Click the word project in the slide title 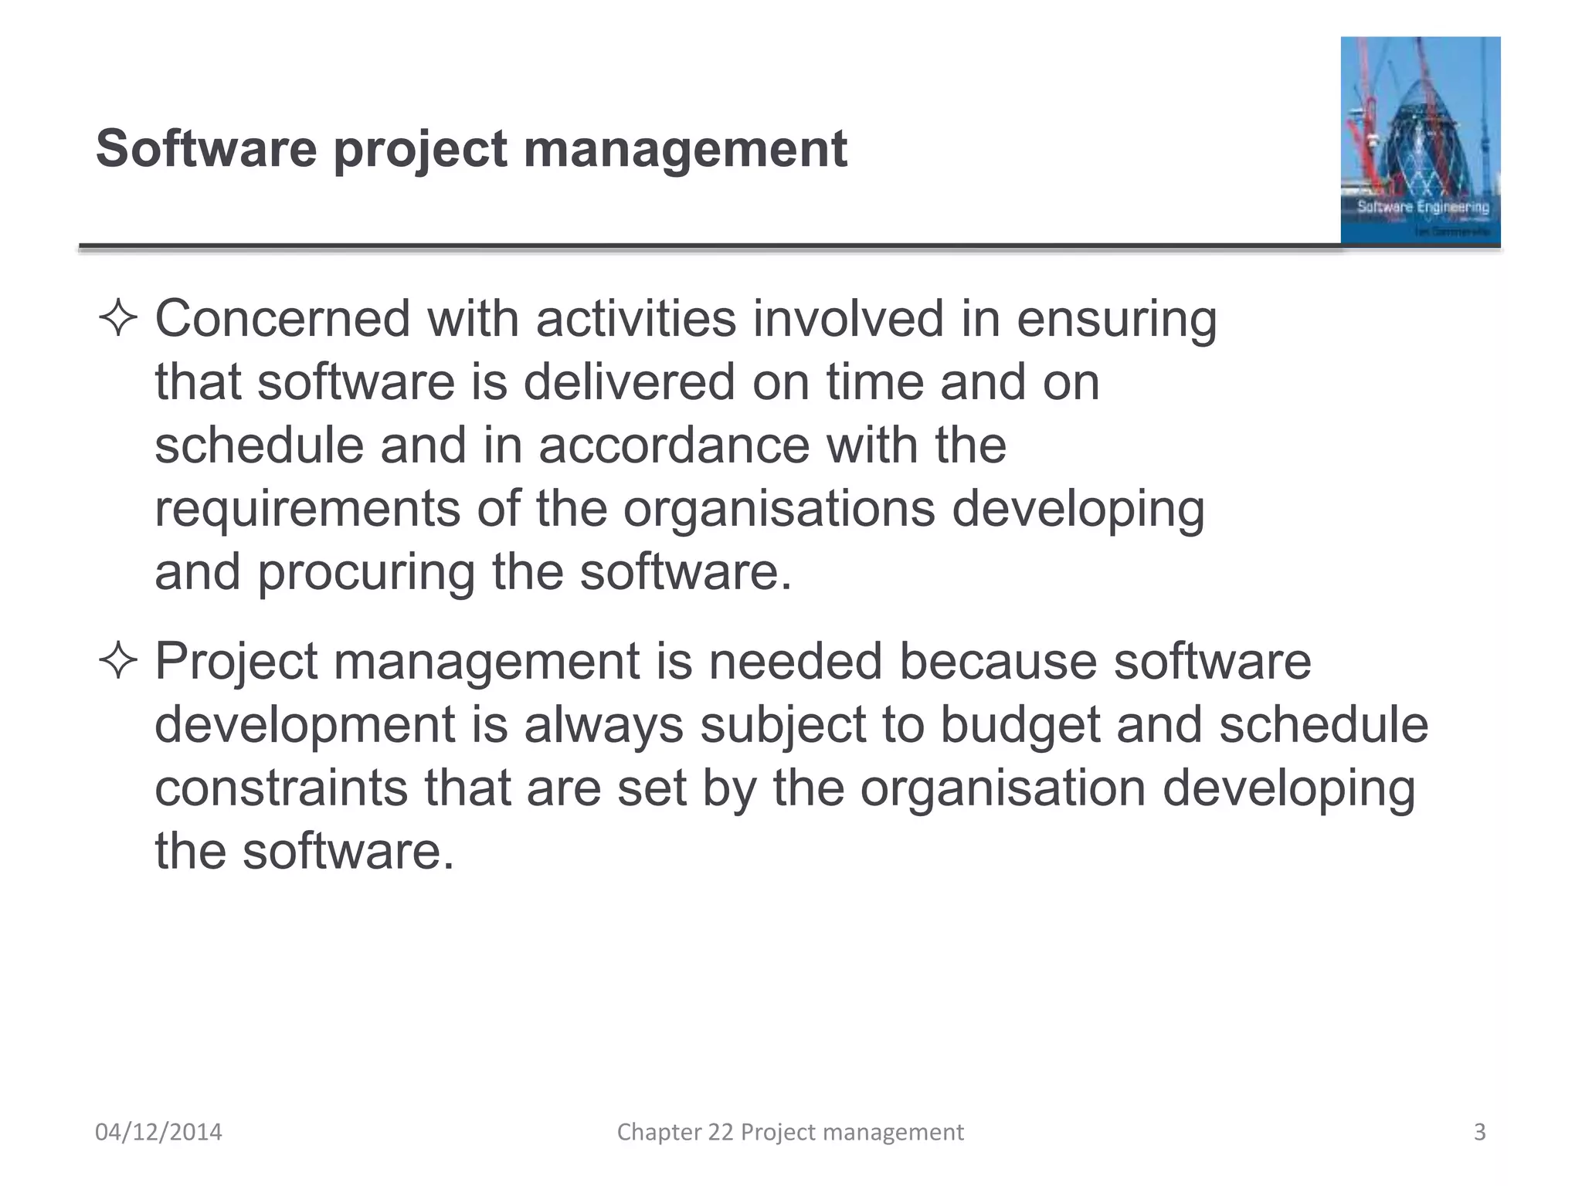click(420, 150)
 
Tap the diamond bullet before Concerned click(118, 320)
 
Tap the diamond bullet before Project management click(118, 662)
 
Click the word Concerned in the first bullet click(282, 318)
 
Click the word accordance click(674, 446)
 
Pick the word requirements click(307, 510)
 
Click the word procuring click(365, 574)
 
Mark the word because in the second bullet click(997, 662)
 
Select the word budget click(1019, 726)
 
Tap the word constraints click(281, 788)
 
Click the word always click(603, 726)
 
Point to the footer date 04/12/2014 click(158, 1132)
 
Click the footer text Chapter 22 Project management click(790, 1132)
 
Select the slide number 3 click(1479, 1132)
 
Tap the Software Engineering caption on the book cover click(1423, 207)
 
